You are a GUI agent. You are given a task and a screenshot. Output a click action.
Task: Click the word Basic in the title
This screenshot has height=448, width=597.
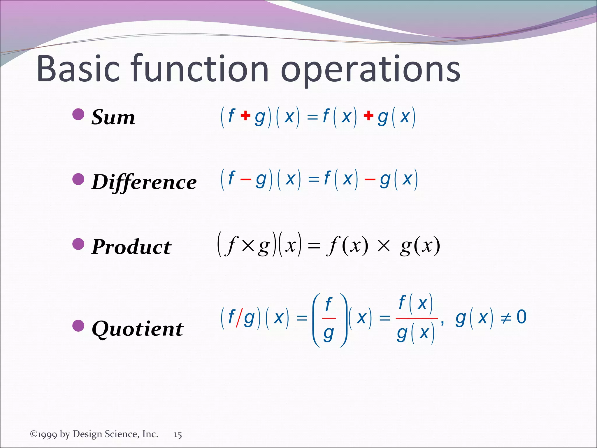coord(78,69)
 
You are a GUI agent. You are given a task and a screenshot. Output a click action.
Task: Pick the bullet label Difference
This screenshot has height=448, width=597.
coord(144,182)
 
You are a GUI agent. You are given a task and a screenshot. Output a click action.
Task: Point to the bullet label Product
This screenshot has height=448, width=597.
coord(131,247)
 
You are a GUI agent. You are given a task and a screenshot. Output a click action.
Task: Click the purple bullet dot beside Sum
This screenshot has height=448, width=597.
coord(78,114)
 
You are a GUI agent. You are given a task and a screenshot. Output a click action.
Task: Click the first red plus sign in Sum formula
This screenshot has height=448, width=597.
coord(245,116)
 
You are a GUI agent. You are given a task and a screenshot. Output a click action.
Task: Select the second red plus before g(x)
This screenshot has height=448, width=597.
coord(368,116)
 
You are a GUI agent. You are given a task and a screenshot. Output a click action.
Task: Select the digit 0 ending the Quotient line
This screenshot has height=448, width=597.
coord(522,317)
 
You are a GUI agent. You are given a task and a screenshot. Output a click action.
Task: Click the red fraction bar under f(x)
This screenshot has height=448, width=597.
coord(417,318)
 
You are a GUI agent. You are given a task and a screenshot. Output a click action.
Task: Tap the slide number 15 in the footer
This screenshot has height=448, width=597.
coord(178,435)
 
